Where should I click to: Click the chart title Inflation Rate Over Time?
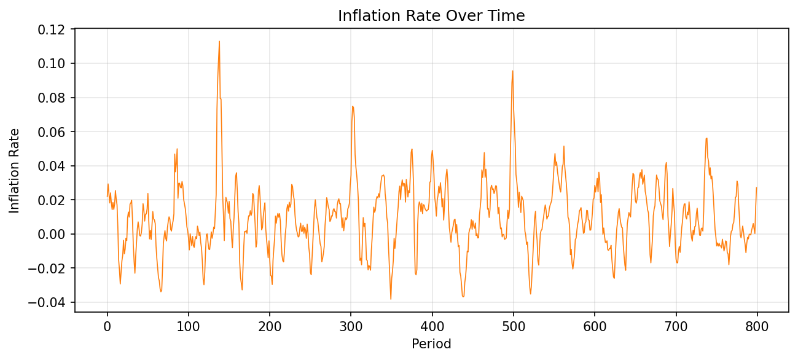(x=431, y=16)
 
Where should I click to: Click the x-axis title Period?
(x=431, y=344)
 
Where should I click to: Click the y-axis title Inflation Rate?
(x=14, y=171)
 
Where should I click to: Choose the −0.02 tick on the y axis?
(x=50, y=268)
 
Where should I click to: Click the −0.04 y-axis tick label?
(x=50, y=302)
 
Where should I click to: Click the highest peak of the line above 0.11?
(x=219, y=42)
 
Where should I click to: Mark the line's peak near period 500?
(x=512, y=71)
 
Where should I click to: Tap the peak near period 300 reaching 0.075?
(x=352, y=106)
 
